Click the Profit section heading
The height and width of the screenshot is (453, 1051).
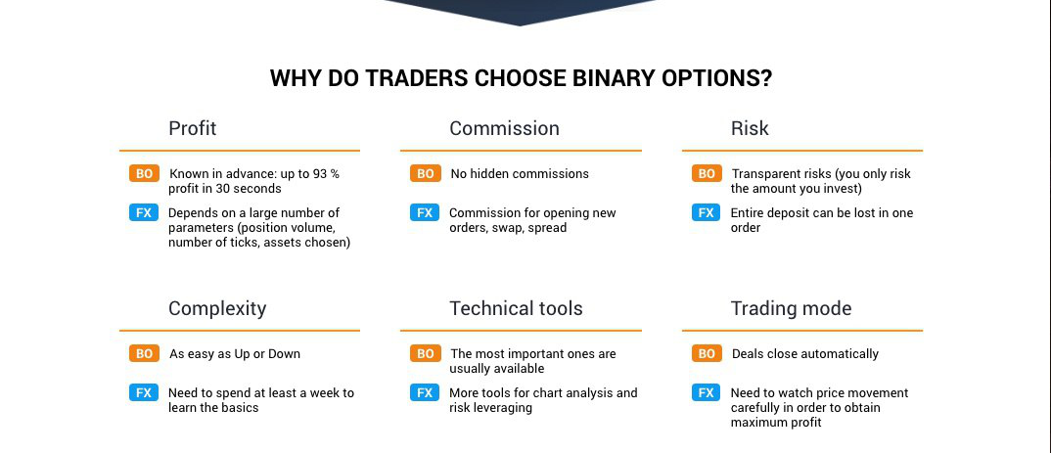pyautogui.click(x=193, y=128)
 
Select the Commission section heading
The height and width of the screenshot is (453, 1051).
pyautogui.click(x=504, y=128)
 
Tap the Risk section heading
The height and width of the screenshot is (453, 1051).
pyautogui.click(x=750, y=128)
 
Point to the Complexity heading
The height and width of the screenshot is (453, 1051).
pyautogui.click(x=217, y=308)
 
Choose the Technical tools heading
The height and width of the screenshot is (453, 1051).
pyautogui.click(x=516, y=308)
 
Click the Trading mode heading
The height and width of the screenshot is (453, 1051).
pyautogui.click(x=791, y=308)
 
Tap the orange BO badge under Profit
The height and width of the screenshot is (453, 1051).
pyautogui.click(x=144, y=174)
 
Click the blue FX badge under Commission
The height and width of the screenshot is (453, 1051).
pyautogui.click(x=425, y=213)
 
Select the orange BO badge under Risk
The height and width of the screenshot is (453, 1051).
pyautogui.click(x=707, y=174)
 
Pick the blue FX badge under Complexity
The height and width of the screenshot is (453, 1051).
pyautogui.click(x=144, y=392)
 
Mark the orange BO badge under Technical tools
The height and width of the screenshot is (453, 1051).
pyautogui.click(x=425, y=354)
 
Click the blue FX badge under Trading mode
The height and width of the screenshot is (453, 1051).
pyautogui.click(x=707, y=392)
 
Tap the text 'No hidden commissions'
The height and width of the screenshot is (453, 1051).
pyautogui.click(x=520, y=174)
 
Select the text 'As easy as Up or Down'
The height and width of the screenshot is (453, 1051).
pyautogui.click(x=235, y=354)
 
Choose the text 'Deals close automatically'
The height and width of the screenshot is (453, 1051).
pyautogui.click(x=805, y=354)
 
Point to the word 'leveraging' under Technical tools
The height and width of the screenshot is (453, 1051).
pyautogui.click(x=503, y=408)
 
